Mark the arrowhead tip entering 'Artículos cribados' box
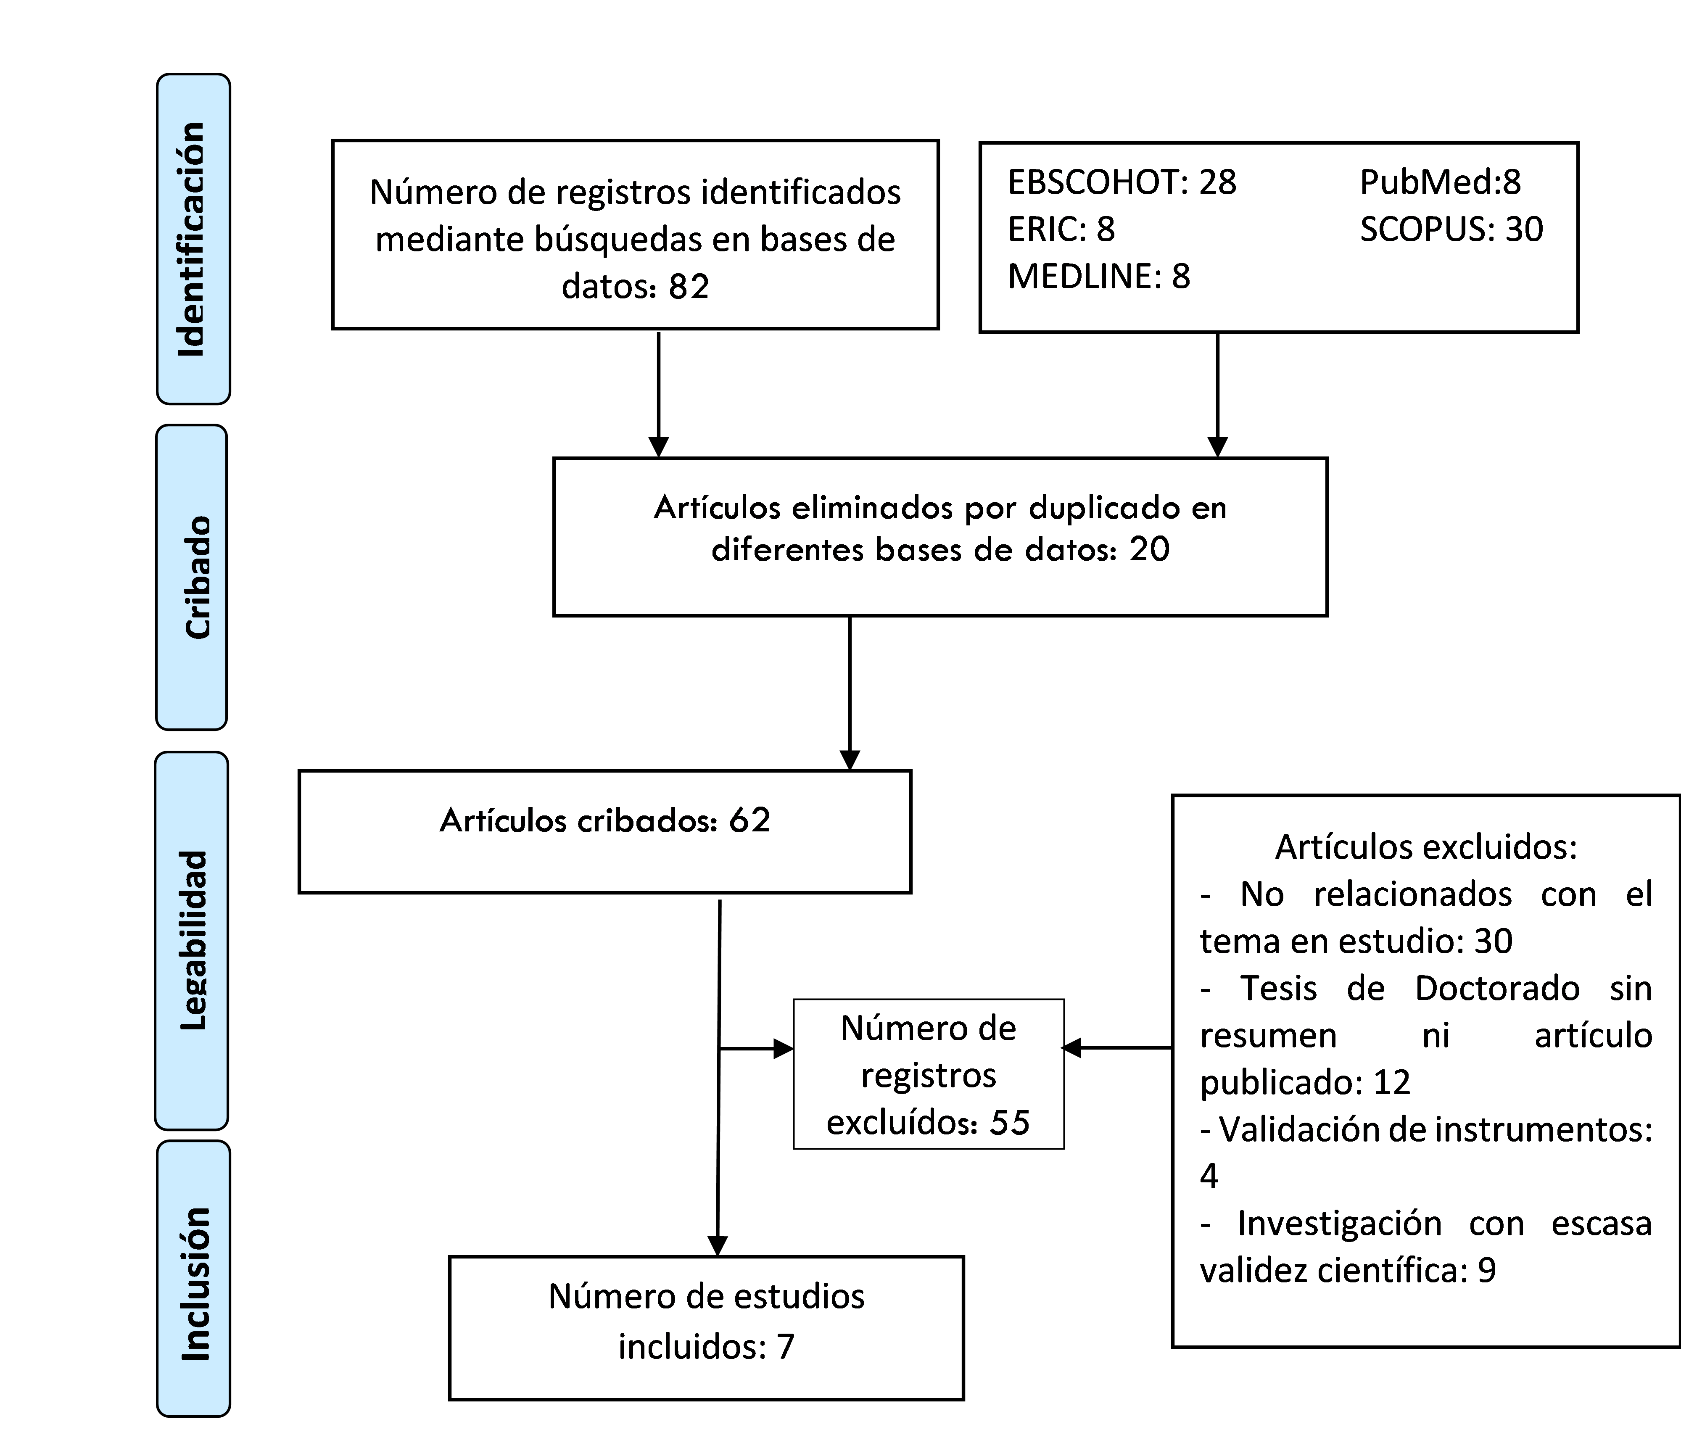[850, 769]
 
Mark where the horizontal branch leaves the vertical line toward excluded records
[720, 1049]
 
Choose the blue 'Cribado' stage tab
[191, 577]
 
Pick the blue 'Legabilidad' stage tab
[191, 940]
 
